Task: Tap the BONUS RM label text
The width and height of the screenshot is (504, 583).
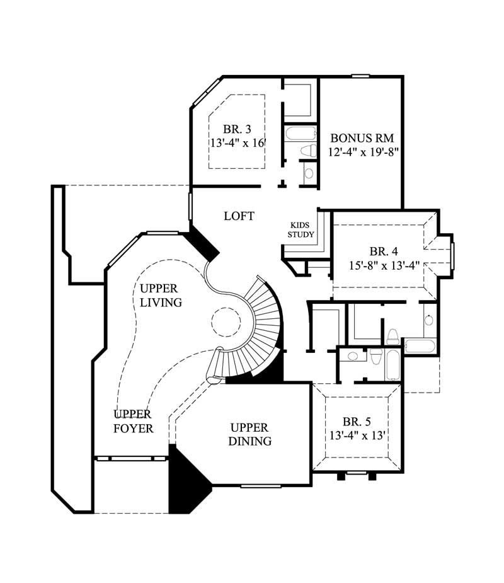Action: [362, 138]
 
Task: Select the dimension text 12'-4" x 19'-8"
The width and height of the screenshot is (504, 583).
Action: [364, 152]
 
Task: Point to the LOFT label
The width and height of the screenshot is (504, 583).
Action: [239, 216]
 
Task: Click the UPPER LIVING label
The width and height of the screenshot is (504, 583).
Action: [161, 295]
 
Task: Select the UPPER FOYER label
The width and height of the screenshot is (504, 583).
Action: [133, 421]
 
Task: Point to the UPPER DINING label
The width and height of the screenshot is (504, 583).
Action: [251, 434]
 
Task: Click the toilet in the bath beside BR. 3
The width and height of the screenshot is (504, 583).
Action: [309, 151]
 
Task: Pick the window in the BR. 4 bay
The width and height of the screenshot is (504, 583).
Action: [452, 255]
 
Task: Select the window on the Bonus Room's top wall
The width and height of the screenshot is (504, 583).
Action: [360, 76]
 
